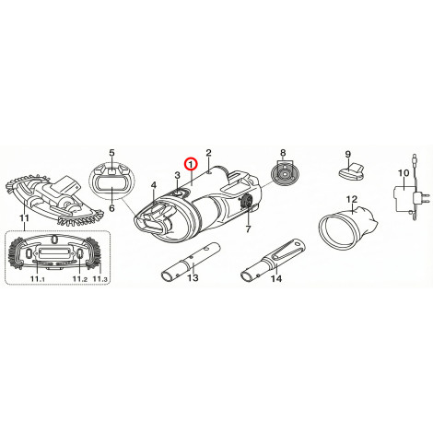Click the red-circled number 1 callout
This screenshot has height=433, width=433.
191,165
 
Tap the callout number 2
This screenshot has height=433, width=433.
209,153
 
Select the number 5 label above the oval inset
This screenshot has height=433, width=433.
111,153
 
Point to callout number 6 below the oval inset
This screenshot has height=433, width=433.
111,208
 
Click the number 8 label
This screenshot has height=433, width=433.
283,153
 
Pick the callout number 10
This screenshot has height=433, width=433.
404,173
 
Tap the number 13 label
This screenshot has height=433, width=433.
193,278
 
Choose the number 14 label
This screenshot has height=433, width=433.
276,278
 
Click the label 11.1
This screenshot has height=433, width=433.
38,279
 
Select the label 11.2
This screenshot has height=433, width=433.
80,279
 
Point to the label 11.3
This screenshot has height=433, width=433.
100,279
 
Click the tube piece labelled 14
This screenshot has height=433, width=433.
273,260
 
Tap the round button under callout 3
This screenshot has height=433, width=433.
179,193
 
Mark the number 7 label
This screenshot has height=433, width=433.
248,228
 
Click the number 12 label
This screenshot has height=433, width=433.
352,200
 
